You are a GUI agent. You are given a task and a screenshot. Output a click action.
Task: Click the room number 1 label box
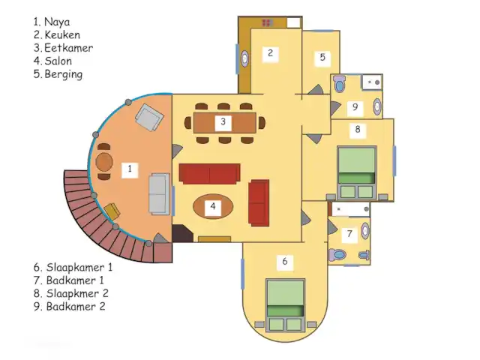(130, 169)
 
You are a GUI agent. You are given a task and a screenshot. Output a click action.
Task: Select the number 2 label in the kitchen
(270, 53)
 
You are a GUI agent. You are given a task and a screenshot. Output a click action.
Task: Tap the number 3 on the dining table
(223, 121)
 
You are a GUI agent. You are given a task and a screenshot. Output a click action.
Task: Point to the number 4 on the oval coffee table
(213, 206)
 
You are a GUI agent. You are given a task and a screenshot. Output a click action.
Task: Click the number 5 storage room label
(322, 57)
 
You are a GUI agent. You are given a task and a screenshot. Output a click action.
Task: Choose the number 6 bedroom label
(284, 262)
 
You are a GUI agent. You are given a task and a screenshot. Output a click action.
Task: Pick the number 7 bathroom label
(349, 234)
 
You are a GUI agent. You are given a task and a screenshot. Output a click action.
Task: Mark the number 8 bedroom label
(358, 130)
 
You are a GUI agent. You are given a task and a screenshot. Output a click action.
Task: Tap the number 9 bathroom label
(355, 106)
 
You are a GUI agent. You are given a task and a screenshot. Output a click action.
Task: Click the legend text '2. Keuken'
(56, 34)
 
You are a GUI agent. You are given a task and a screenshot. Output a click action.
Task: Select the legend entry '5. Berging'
(58, 74)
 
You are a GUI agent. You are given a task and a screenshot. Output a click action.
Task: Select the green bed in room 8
(355, 169)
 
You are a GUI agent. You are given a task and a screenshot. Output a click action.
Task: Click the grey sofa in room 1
(158, 194)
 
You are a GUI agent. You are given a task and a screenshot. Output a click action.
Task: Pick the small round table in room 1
(104, 161)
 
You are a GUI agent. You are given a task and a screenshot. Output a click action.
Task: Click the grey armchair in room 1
(148, 117)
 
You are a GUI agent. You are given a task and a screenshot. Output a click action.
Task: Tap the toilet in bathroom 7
(338, 256)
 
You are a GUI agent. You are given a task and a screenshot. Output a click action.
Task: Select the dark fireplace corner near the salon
(181, 233)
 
